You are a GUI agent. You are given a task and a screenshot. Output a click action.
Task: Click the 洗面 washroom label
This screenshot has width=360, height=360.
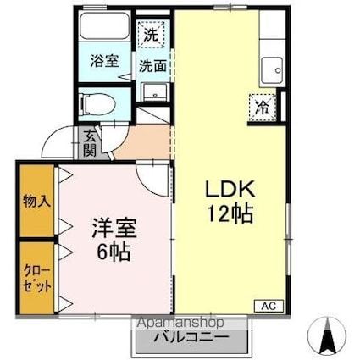coord(152,64)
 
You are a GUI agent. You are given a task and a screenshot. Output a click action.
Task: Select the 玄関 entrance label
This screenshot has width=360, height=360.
coord(90,144)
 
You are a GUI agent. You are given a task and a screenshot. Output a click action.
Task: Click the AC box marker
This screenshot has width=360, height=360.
coord(269,304)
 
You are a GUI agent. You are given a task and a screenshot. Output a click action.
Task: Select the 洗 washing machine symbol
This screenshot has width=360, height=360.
coord(150,36)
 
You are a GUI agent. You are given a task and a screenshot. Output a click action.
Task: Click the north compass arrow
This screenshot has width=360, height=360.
coord(325,336)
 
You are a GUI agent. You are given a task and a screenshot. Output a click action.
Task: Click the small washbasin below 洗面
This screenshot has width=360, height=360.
coord(153,91)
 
